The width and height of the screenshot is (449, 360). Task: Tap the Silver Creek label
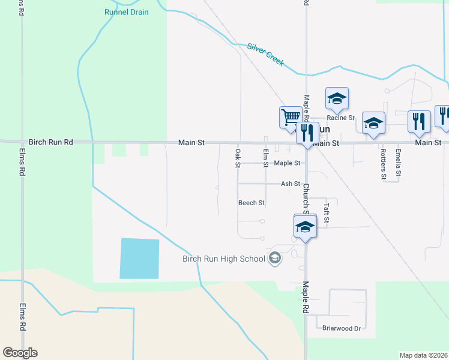[x=265, y=54]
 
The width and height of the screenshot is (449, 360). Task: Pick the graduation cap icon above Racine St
[x=337, y=98]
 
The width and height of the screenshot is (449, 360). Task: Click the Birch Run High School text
[x=224, y=259]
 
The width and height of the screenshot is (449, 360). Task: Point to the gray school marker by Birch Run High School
[x=275, y=259]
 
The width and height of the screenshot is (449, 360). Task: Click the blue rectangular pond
[x=140, y=258]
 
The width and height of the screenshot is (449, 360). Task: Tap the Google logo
[x=20, y=353]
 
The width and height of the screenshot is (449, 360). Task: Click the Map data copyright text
[x=423, y=355]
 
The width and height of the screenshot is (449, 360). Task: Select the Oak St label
[x=238, y=158]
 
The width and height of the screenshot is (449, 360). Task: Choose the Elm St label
[x=265, y=158]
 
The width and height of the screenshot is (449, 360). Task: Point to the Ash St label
[x=290, y=184]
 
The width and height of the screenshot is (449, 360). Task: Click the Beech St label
[x=252, y=203]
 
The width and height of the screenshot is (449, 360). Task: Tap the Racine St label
[x=341, y=118]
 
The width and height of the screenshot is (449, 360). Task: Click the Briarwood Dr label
[x=341, y=328]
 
